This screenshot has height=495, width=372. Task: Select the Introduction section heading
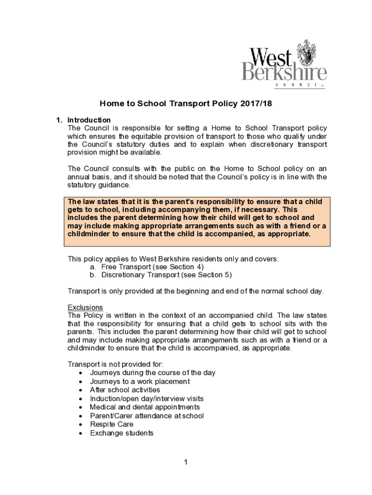[x=89, y=120]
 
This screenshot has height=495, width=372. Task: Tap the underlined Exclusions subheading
[x=85, y=307]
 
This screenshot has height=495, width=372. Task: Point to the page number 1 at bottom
[x=186, y=463]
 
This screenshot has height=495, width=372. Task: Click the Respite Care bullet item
[x=112, y=424]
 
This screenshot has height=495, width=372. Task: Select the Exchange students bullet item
[x=122, y=433]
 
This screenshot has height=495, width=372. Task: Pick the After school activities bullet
[x=125, y=390]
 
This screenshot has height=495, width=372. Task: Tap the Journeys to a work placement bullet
[x=140, y=381]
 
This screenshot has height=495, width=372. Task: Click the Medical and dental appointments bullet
[x=145, y=408]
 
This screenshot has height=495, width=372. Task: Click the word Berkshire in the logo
[x=284, y=73]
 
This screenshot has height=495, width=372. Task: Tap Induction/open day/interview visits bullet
[x=147, y=399]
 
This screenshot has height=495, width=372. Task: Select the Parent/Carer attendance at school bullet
[x=147, y=416]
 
